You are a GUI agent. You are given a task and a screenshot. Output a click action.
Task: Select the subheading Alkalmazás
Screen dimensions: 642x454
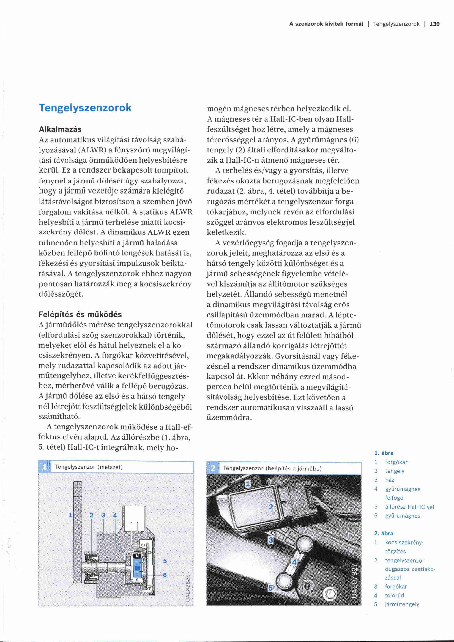pos(60,129)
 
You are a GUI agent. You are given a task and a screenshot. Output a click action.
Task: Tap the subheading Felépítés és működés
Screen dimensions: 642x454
pos(80,314)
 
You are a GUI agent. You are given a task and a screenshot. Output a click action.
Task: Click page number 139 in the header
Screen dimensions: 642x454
pos(434,24)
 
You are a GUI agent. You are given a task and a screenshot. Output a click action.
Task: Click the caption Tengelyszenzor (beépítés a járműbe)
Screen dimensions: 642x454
pos(272,468)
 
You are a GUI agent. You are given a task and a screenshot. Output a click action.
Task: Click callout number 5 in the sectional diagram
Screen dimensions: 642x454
pos(165,561)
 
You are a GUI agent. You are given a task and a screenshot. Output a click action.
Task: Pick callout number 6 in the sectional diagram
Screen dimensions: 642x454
pos(165,575)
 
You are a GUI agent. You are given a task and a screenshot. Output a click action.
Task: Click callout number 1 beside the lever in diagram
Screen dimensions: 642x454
pos(70,515)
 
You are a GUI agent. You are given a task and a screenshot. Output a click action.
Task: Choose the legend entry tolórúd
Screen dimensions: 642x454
pos(395,595)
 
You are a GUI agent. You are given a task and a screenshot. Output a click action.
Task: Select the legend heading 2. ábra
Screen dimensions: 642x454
pos(384,533)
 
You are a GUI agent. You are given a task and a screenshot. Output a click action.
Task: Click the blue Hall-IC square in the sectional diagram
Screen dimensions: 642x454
pos(137,567)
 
